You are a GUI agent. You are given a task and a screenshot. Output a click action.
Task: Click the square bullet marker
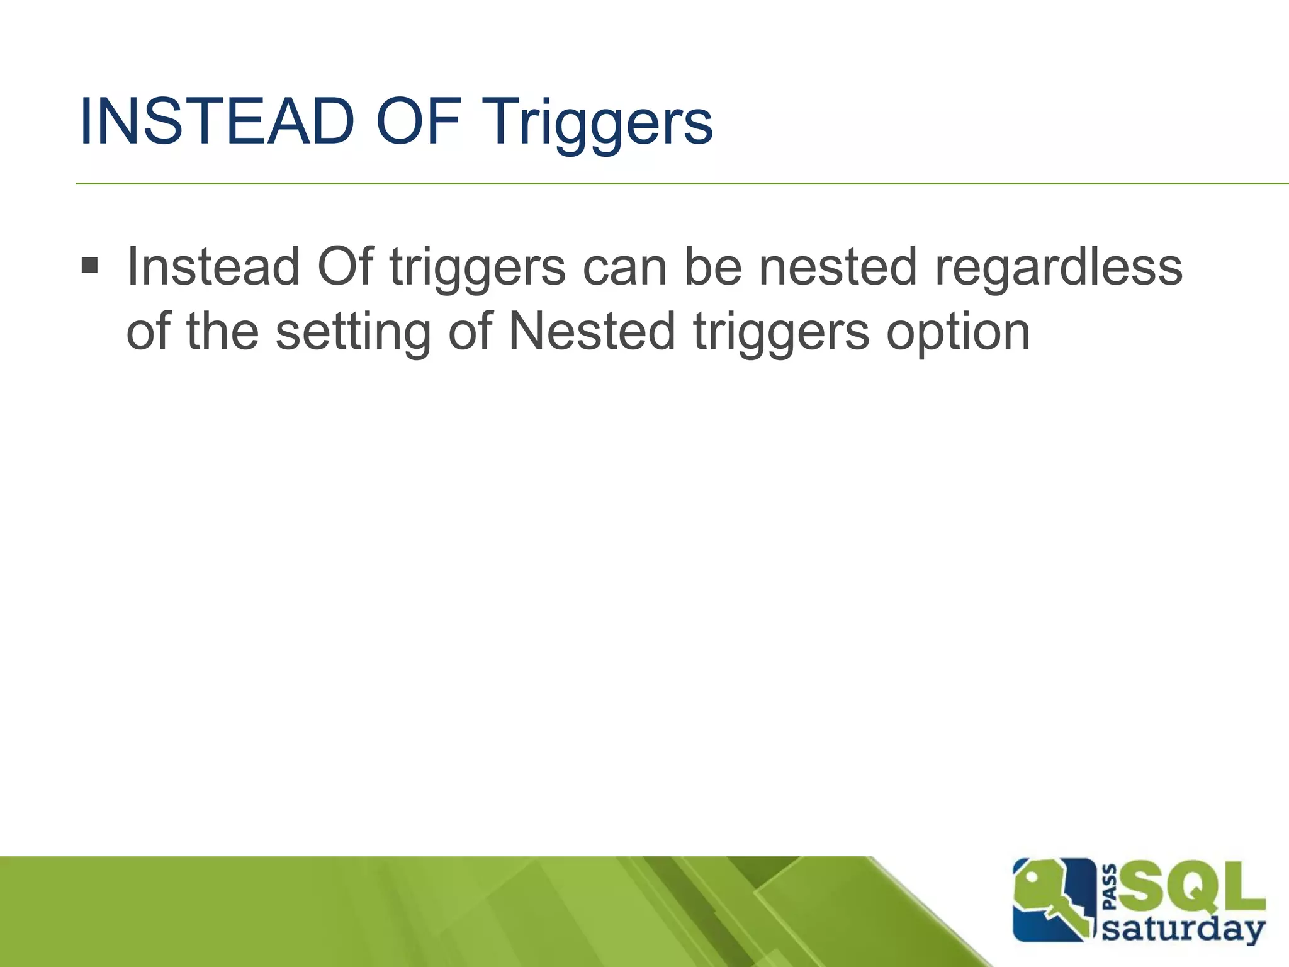(x=90, y=266)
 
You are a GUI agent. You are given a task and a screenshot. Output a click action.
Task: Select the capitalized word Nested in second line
(x=592, y=331)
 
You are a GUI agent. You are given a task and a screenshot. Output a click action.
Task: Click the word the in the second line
(x=223, y=331)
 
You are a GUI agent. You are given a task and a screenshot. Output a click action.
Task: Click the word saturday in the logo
(x=1183, y=930)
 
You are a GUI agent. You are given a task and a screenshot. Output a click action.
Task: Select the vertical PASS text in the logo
(x=1111, y=888)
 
